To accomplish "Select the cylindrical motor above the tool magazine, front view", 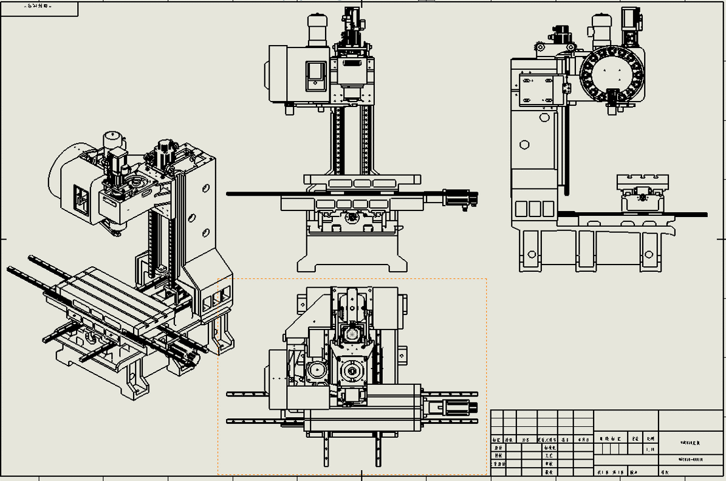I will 318,30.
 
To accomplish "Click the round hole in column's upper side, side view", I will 525,145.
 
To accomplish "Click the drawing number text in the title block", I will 691,459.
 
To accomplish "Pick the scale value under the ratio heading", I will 651,450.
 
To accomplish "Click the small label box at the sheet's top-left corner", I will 39,9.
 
